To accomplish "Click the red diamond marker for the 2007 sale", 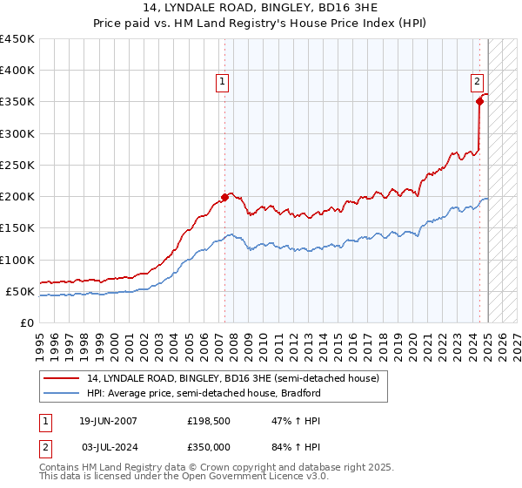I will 224,197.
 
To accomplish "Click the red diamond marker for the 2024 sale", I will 479,102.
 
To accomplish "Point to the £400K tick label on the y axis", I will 17,71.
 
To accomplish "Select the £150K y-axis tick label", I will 17,228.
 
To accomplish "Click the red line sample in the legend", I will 61,379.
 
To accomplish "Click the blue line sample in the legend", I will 61,393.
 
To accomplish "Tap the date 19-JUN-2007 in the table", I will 108,421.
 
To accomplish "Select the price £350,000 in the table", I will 209,446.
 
